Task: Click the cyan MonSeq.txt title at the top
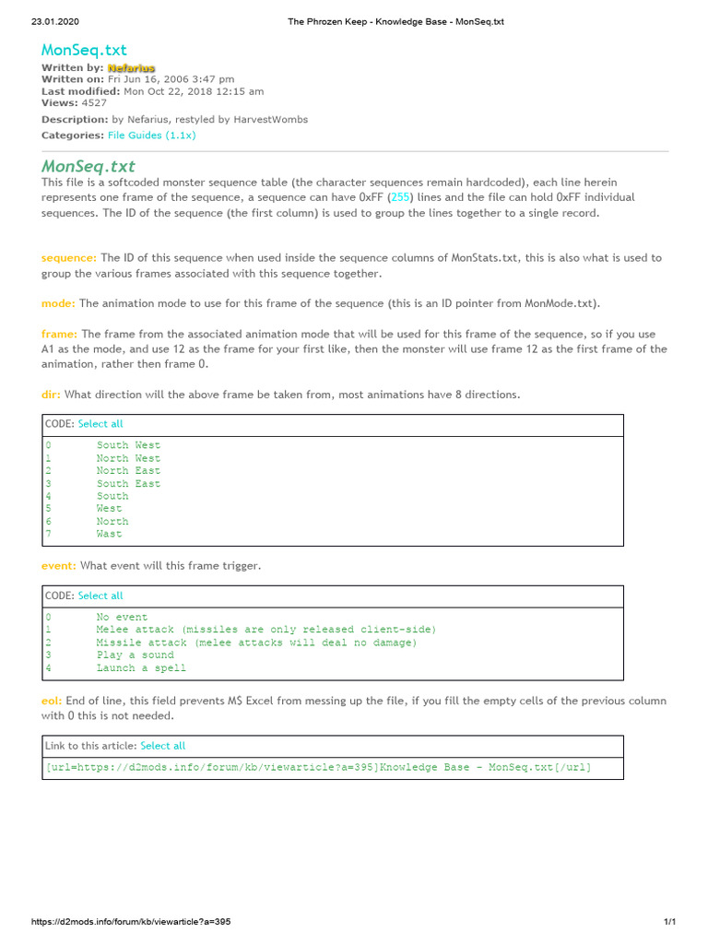point(84,50)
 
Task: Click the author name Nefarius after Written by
point(131,68)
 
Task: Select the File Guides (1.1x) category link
point(151,136)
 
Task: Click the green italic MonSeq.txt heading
point(88,167)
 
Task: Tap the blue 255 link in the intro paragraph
point(400,197)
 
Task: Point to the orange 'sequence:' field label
point(69,258)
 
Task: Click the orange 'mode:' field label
point(58,303)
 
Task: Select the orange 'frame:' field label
point(60,334)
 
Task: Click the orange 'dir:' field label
point(51,395)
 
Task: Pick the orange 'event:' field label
point(59,565)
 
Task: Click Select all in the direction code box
point(100,424)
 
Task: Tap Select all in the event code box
point(100,596)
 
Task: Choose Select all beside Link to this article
point(162,746)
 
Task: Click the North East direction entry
point(128,471)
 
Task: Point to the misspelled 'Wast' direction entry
point(109,534)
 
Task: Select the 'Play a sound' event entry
point(135,655)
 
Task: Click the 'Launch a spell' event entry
point(141,668)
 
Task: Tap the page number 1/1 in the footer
point(670,922)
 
